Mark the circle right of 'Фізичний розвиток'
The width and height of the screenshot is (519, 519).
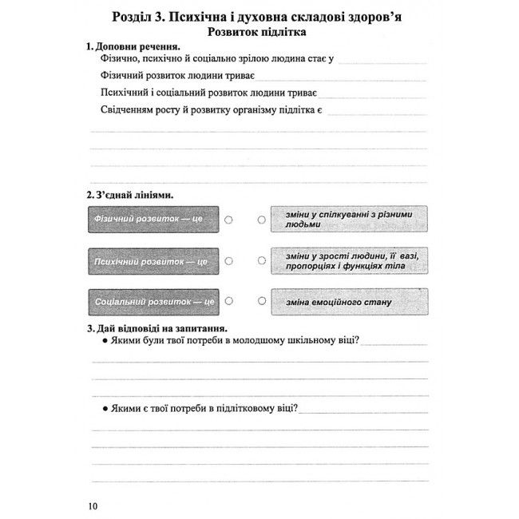pos(229,219)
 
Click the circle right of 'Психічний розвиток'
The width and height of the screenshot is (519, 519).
pos(229,260)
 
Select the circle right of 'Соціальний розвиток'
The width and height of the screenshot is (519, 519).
pos(229,302)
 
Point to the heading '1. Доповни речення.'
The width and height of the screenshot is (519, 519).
pos(133,47)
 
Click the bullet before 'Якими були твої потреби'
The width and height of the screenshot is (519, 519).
pos(105,342)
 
